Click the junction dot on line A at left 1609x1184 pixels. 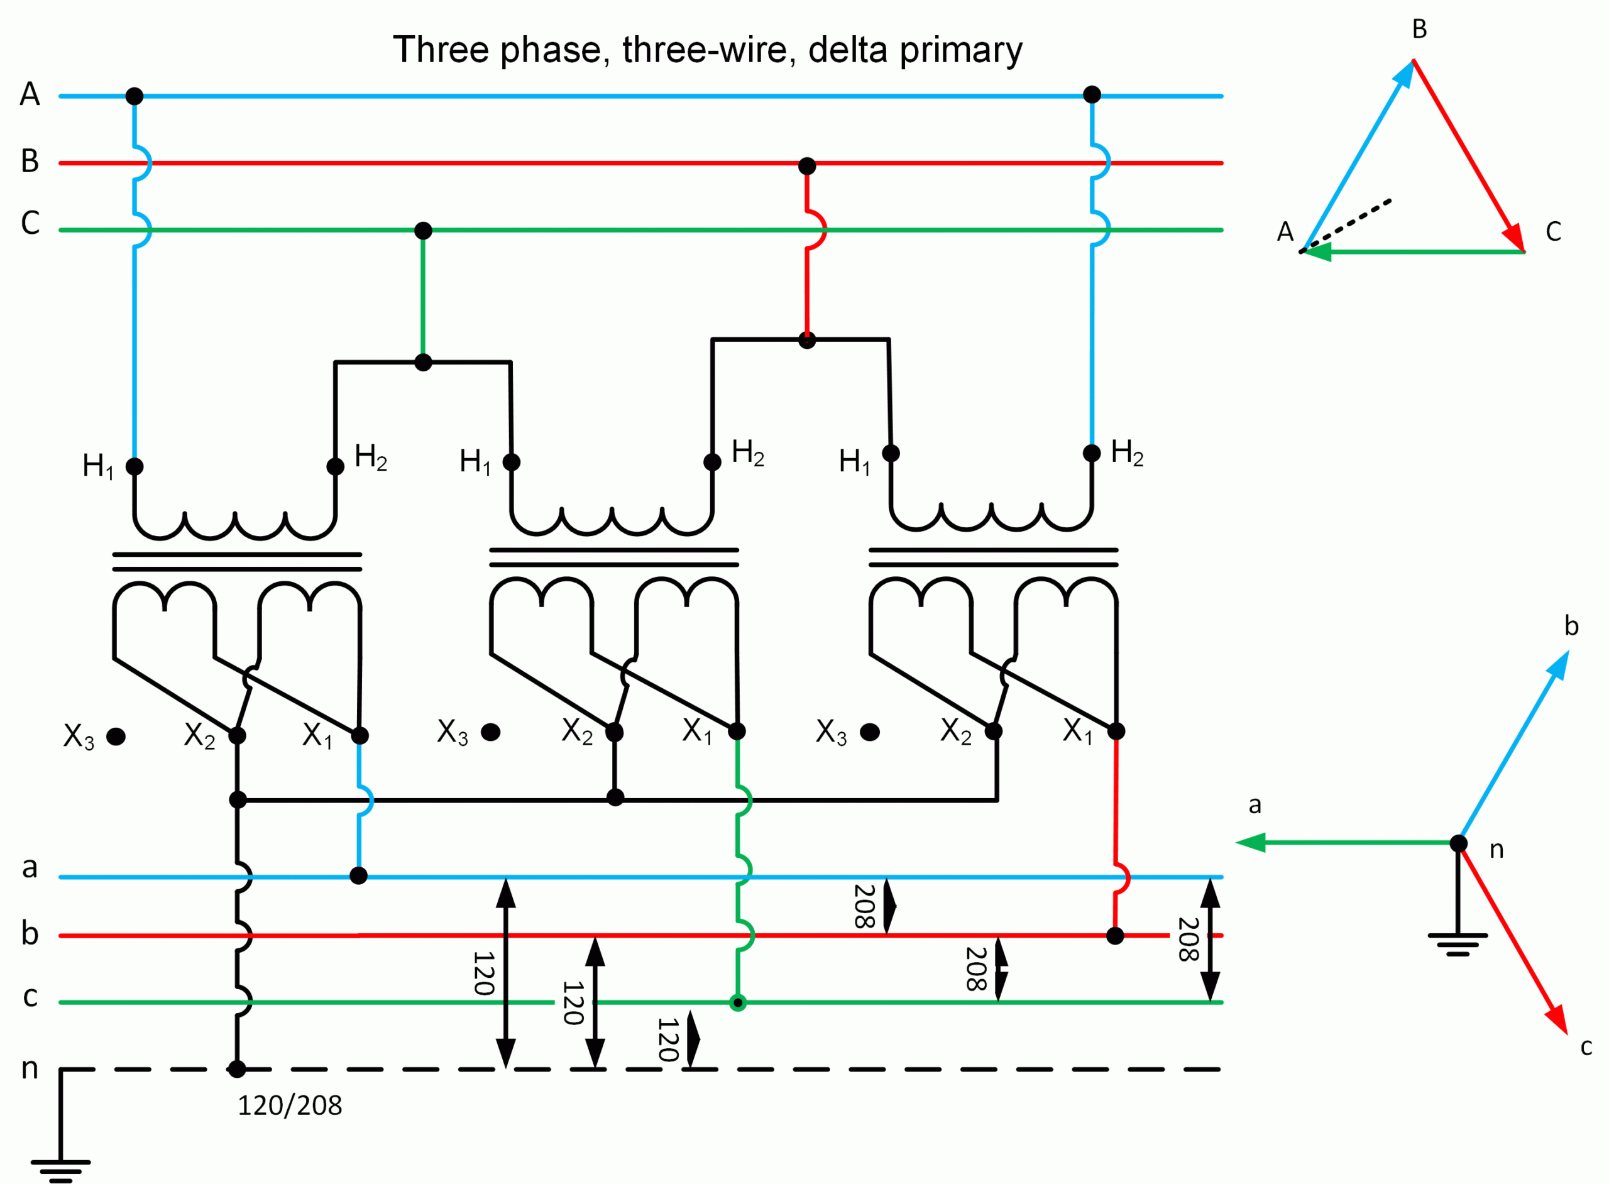[134, 96]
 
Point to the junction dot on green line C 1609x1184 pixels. [424, 231]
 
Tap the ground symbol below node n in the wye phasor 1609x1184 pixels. [1458, 944]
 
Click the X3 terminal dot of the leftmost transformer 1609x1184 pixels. [116, 737]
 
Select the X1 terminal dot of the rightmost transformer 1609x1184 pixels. [1116, 731]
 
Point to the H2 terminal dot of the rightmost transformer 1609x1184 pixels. [1092, 453]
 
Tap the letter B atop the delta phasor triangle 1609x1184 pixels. [1419, 30]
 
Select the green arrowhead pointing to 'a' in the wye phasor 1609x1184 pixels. [1251, 843]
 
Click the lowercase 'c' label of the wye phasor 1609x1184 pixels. [1586, 1047]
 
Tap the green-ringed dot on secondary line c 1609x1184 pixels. [737, 1002]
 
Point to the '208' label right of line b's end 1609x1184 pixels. [1189, 940]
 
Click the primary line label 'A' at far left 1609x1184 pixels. [30, 94]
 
